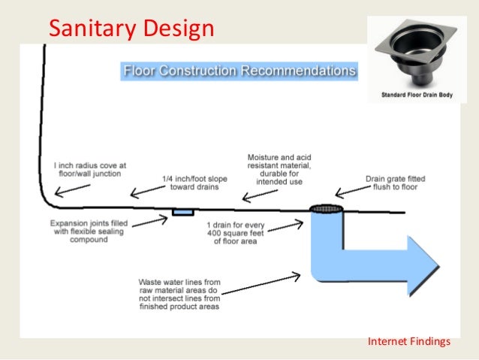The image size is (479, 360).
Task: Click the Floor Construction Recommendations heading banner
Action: click(x=239, y=71)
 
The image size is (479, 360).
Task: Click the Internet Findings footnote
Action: click(x=408, y=342)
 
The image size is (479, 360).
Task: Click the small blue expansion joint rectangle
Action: click(x=182, y=213)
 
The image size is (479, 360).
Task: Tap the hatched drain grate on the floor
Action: click(x=327, y=208)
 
